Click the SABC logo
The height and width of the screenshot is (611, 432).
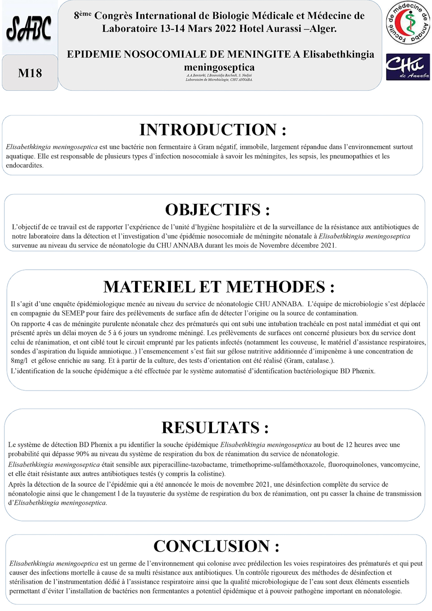point(29,29)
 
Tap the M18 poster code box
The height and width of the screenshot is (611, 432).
point(30,73)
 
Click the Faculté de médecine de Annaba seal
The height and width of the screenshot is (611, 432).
point(407,23)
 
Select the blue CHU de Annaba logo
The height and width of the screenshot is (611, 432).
point(407,67)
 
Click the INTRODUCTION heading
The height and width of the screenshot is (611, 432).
point(212,130)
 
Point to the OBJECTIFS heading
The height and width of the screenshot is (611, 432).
point(217,210)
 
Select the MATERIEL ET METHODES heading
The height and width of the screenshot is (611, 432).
point(219,287)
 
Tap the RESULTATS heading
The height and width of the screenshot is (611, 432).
point(215,428)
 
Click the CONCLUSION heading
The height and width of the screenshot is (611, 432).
point(216,546)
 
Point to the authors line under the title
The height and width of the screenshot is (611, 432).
point(219,76)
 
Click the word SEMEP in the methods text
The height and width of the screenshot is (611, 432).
point(73,313)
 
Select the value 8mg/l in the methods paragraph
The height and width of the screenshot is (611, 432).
point(19,361)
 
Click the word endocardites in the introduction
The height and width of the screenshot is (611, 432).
point(25,165)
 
